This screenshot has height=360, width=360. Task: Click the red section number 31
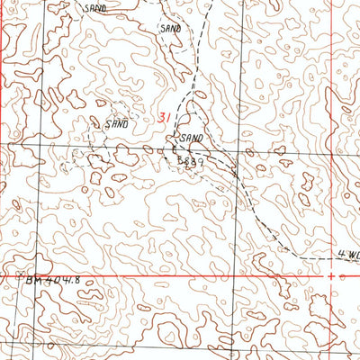point(163,117)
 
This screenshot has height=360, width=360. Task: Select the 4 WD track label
point(347,254)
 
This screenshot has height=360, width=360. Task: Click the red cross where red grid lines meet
point(331,274)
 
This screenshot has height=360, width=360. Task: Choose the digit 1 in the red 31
point(167,117)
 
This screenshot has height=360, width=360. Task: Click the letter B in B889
point(180,158)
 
